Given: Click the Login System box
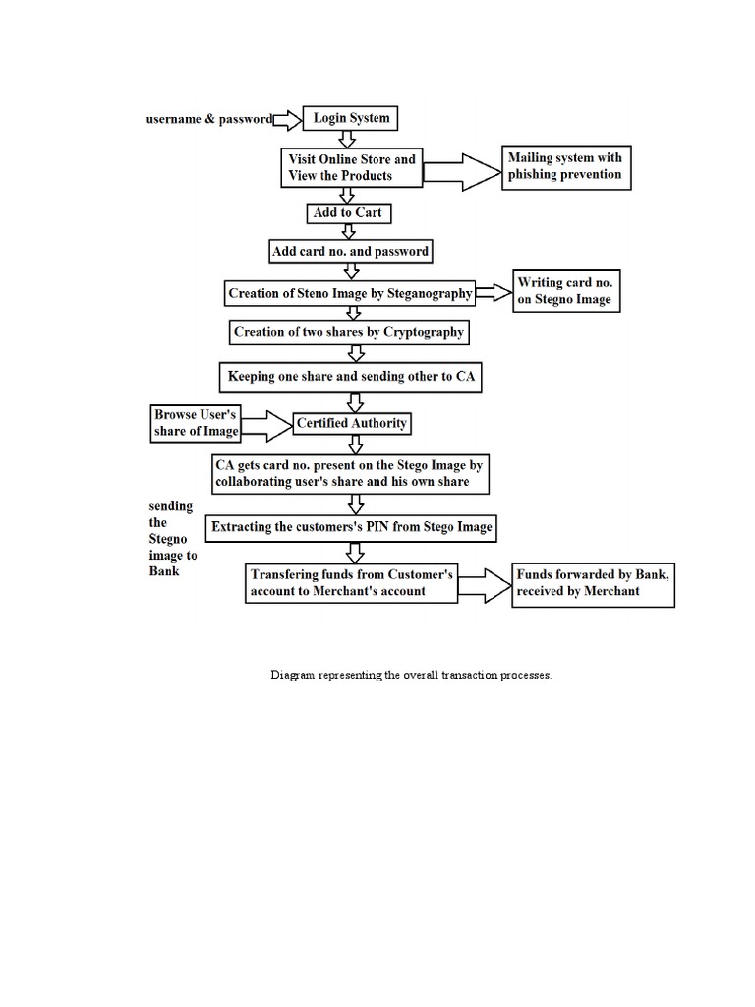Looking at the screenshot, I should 351,118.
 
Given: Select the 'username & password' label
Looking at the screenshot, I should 208,119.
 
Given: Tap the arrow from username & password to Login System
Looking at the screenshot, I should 287,119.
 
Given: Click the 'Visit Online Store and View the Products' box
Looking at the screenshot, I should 352,167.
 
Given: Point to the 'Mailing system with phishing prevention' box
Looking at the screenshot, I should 564,167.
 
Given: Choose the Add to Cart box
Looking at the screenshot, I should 347,212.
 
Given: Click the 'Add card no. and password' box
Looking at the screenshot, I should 350,252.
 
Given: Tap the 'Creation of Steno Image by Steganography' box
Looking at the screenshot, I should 350,293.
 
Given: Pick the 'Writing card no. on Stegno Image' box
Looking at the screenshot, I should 566,292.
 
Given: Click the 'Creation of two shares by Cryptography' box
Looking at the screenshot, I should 348,333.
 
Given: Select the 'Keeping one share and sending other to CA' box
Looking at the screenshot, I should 350,377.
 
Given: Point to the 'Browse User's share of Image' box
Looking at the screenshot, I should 195,423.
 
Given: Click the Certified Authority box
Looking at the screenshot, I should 351,424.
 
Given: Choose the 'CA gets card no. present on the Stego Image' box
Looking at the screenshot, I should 350,473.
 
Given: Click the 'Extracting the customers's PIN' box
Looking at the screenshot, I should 351,528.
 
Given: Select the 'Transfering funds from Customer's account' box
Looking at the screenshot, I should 351,582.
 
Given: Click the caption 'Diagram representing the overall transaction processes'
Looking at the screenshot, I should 411,677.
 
